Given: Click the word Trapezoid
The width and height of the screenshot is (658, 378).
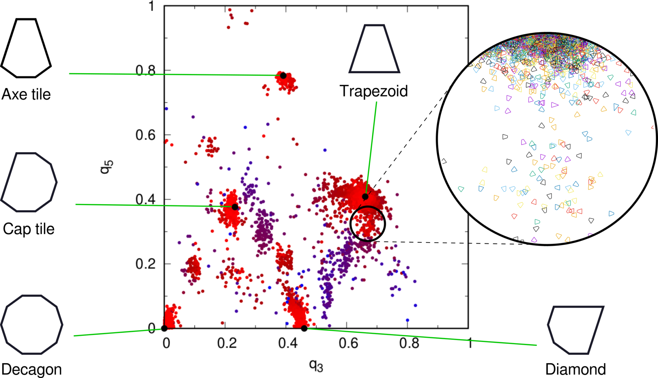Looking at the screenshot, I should [374, 91].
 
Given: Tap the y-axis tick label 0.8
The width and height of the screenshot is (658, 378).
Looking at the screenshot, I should [146, 71].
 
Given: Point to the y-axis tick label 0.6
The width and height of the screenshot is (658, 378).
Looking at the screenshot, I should [146, 135].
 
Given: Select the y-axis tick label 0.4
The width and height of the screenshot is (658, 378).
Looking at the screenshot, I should [146, 200].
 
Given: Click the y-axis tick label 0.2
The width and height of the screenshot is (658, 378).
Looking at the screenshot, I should [146, 264].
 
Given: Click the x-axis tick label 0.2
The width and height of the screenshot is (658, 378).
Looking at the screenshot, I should [227, 343].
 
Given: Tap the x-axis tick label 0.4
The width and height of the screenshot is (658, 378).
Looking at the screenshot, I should [288, 343].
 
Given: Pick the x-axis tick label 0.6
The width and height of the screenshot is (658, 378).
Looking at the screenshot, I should [349, 343].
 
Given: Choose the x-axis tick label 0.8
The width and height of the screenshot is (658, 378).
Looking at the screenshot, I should [409, 343].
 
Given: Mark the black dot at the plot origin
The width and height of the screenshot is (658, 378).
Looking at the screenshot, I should [164, 328].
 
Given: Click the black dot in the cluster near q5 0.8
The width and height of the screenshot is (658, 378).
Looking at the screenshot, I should [283, 75].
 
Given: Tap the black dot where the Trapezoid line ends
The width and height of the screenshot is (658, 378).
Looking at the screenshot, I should [365, 197].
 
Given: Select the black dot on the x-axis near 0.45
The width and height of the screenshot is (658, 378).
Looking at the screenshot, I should [304, 328].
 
